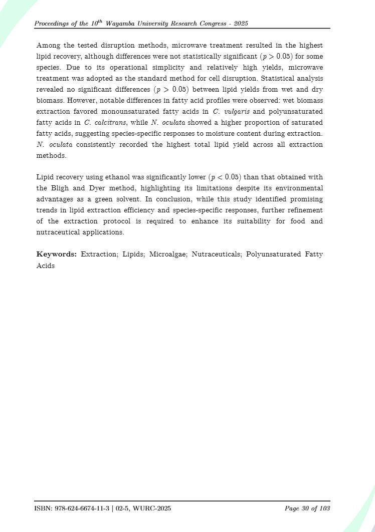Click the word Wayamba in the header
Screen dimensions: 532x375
click(x=130, y=24)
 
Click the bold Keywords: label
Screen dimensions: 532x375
click(x=56, y=254)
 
